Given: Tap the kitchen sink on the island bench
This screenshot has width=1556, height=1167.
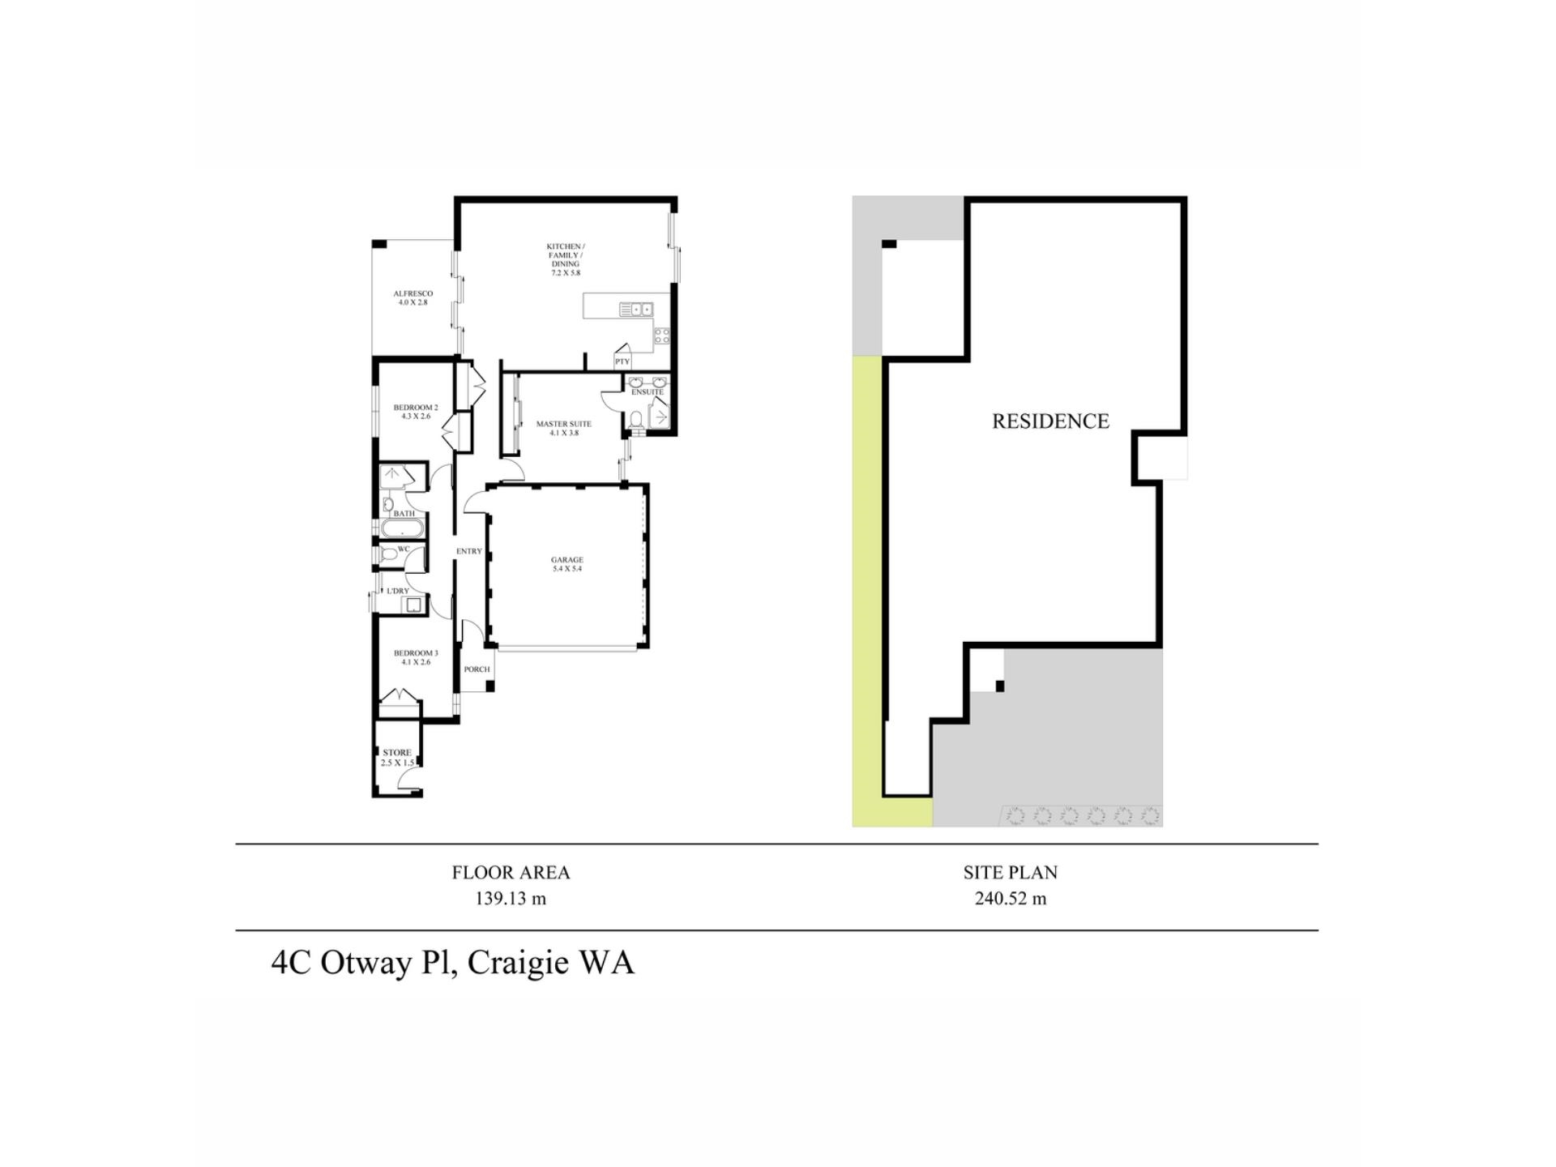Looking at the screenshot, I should tap(636, 309).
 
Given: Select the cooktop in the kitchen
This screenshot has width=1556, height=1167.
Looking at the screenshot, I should tap(661, 335).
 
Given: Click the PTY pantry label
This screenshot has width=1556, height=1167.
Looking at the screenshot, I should tap(622, 361).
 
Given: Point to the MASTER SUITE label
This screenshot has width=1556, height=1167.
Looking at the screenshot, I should tap(563, 424).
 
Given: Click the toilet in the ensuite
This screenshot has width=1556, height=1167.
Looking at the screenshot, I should tap(635, 419).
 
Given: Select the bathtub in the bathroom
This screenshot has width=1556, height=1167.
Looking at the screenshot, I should tap(401, 530).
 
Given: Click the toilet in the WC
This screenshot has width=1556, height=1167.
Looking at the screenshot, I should tap(388, 554).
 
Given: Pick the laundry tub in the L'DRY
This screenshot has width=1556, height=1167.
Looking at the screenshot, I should tap(416, 604).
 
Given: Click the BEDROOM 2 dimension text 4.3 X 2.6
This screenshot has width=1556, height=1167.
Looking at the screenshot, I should tap(415, 417).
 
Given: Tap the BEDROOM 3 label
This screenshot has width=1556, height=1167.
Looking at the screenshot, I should tap(416, 653).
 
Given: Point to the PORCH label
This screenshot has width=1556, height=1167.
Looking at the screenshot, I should tap(477, 669).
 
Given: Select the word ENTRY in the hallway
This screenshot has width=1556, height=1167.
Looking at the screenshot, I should tap(468, 551).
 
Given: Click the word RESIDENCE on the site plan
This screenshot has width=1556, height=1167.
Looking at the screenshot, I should tap(1050, 421).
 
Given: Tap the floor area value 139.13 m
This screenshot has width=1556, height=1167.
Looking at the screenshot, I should tap(511, 899).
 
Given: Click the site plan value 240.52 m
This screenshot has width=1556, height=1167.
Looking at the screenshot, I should tap(1010, 899).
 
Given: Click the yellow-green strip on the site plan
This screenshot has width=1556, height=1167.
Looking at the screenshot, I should tap(866, 583).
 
